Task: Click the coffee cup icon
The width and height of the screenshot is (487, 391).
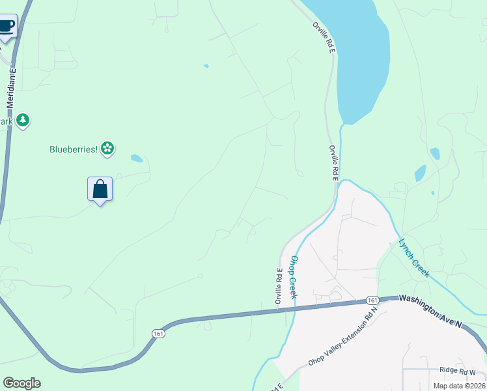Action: [x=6, y=27]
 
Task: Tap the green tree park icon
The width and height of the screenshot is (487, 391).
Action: [x=23, y=121]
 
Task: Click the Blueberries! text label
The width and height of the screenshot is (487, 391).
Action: [x=74, y=149]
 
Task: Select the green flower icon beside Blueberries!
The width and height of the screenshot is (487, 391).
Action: [x=108, y=149]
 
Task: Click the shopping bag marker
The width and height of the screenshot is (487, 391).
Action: [x=100, y=190]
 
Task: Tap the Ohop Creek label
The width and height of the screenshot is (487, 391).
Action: [x=294, y=277]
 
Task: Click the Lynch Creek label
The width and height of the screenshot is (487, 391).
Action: [x=413, y=258]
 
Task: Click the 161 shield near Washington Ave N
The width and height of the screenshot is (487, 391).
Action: [x=372, y=300]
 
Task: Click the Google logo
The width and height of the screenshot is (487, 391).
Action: [x=21, y=383]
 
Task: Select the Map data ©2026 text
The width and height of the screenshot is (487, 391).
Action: [x=459, y=386]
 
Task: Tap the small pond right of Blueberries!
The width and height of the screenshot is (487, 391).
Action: [x=137, y=158]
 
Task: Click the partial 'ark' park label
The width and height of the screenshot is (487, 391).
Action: [x=7, y=121]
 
